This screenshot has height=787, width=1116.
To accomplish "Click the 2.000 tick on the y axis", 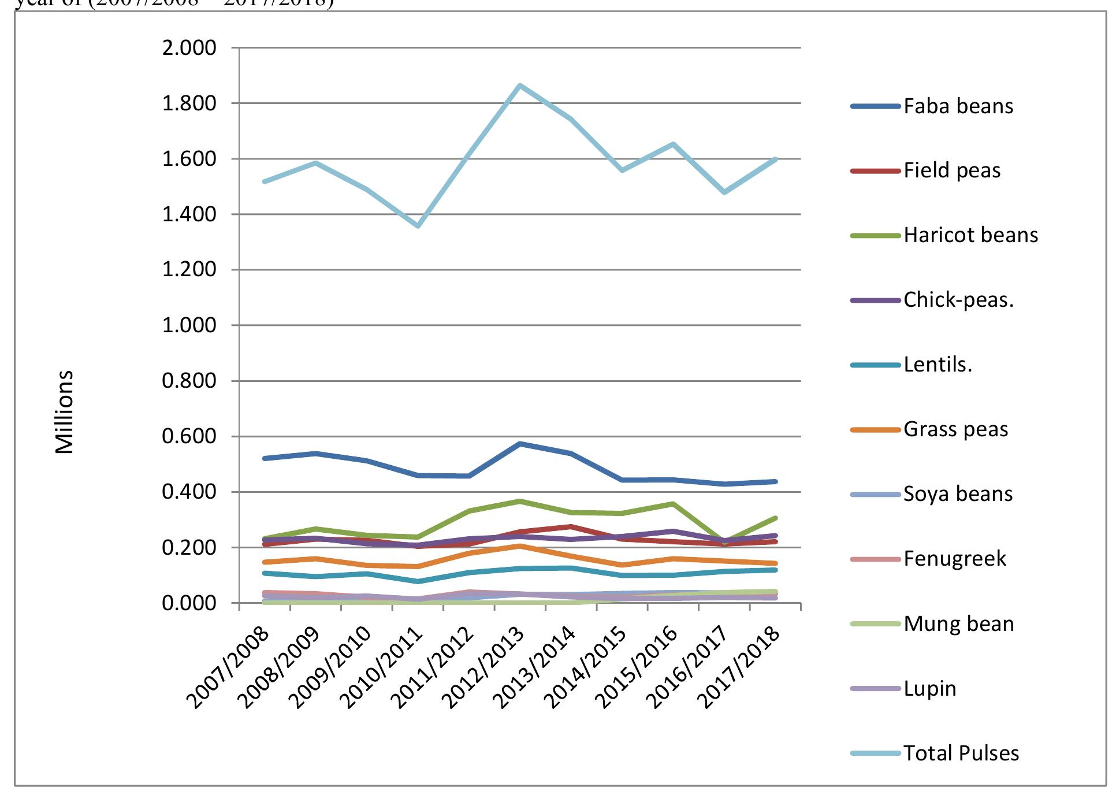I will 189,48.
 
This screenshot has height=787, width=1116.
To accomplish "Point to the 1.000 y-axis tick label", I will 189,325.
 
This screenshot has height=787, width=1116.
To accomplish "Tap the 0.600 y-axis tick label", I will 189,436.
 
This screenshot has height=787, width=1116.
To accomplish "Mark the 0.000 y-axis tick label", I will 189,603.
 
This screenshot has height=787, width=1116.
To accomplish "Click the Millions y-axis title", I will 65,412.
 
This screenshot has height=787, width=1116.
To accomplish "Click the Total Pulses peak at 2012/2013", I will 520,86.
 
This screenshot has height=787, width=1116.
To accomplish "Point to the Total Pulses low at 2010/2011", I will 418,226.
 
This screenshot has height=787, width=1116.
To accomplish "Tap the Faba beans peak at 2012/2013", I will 520,444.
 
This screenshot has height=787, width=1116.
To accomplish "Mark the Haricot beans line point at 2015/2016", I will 673,504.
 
